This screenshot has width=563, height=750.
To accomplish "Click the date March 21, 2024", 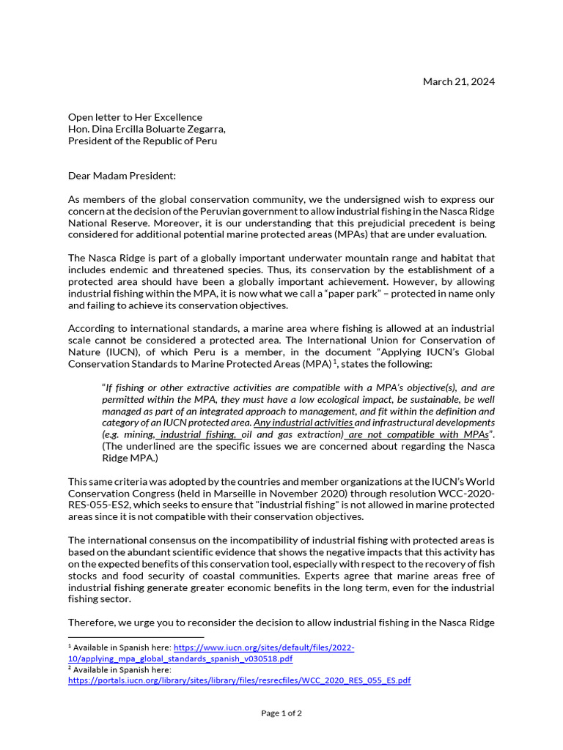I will [458, 81].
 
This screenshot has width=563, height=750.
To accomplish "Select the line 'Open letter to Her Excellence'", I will [135, 117].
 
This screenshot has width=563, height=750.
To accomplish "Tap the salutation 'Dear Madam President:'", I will [122, 176].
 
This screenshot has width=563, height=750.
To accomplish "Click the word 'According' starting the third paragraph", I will [92, 329].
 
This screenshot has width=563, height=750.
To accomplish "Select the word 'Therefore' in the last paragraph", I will [92, 623].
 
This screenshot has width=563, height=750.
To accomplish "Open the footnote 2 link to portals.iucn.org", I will [240, 680].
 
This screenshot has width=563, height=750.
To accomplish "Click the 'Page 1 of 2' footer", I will [281, 713].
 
